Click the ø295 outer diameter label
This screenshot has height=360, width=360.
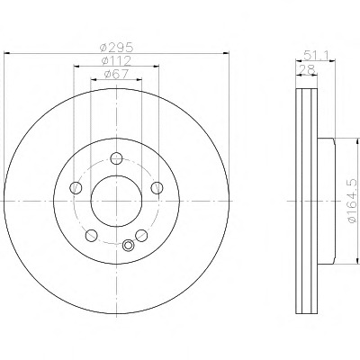(116, 48)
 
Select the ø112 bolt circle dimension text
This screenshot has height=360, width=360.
(116, 61)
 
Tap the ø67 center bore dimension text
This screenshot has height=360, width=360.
(116, 74)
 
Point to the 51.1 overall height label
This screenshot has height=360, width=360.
(316, 56)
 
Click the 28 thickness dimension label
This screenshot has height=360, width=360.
(306, 70)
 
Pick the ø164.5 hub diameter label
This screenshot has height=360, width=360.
(353, 201)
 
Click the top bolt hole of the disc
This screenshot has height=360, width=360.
(116, 158)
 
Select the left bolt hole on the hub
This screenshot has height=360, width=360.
(76, 188)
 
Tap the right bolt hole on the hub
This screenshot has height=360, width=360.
(157, 188)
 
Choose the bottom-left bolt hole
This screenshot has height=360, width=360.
(91, 236)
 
